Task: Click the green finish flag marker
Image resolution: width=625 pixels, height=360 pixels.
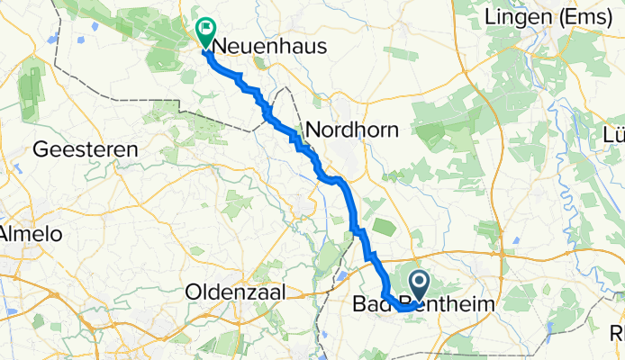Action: [x=206, y=33]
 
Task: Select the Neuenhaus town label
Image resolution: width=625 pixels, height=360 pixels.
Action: [x=258, y=48]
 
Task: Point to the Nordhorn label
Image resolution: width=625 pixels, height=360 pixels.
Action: [x=352, y=130]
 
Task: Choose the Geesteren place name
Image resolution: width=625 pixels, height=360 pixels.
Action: [x=86, y=150]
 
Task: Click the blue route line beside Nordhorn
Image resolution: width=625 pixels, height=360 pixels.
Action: [x=317, y=162]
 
